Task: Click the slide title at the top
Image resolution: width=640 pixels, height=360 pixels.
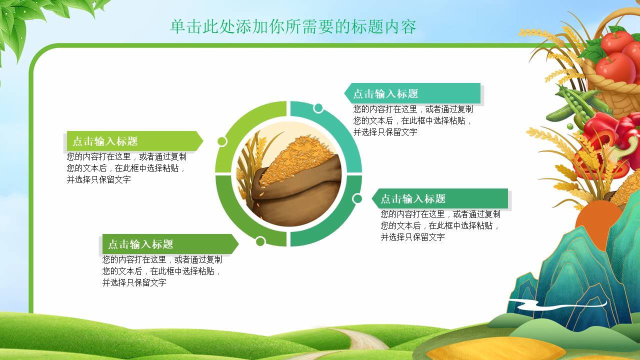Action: [293, 26]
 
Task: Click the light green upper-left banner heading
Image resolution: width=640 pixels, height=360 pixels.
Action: [105, 141]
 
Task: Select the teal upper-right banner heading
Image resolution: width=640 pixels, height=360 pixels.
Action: [385, 93]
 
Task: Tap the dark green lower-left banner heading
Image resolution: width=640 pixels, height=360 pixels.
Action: [140, 244]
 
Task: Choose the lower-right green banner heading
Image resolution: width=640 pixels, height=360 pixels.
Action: [413, 199]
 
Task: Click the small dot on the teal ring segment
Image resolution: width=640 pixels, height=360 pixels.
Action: [318, 108]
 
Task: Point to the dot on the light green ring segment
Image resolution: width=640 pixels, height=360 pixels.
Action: [222, 141]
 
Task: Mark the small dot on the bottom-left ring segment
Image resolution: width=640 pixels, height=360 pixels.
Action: [260, 241]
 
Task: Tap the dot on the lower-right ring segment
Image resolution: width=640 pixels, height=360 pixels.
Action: [357, 198]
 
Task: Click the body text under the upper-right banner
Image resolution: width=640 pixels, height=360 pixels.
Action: [413, 120]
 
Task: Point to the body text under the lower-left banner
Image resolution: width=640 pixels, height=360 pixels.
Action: [162, 271]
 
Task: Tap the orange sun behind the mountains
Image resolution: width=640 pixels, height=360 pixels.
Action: [597, 223]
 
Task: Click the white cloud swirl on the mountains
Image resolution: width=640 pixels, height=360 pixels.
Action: [557, 304]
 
